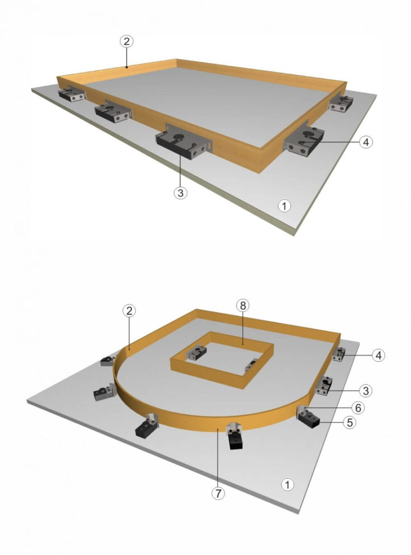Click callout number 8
pyautogui.click(x=243, y=305)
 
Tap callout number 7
pyautogui.click(x=219, y=493)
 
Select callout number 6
pyautogui.click(x=358, y=408)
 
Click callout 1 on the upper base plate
pyautogui.click(x=284, y=206)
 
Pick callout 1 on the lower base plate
pyautogui.click(x=287, y=484)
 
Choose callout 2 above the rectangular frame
pyautogui.click(x=127, y=41)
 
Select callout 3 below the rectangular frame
pyautogui.click(x=180, y=192)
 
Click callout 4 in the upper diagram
pyautogui.click(x=366, y=142)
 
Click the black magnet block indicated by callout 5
pyautogui.click(x=309, y=422)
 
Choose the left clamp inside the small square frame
pyautogui.click(x=197, y=352)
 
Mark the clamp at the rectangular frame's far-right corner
pyautogui.click(x=339, y=104)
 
